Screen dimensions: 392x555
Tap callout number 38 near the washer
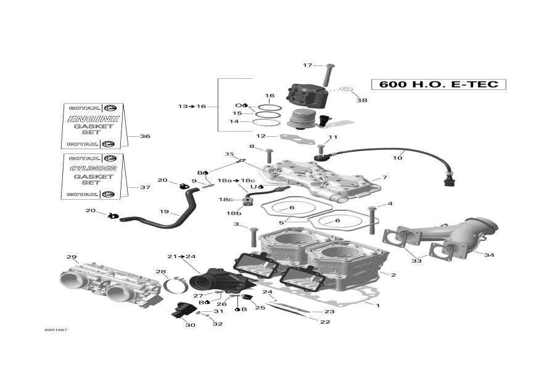(x=362, y=100)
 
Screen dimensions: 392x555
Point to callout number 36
(x=145, y=136)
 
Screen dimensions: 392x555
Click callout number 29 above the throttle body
(x=72, y=256)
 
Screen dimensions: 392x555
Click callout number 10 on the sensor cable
(x=398, y=158)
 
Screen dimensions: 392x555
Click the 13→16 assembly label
(x=192, y=107)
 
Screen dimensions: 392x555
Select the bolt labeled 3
(x=253, y=235)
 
